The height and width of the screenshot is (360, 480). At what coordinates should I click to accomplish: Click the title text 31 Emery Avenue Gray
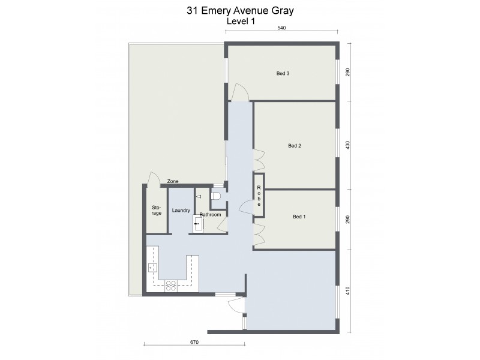click(239, 10)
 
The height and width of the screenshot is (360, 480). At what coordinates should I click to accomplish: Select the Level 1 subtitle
click(239, 21)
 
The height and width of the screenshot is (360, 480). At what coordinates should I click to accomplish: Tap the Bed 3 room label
click(283, 74)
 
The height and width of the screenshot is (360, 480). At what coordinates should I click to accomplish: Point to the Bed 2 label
click(294, 146)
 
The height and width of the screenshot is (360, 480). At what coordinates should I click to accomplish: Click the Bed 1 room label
click(299, 217)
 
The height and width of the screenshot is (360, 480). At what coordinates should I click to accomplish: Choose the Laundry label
click(181, 211)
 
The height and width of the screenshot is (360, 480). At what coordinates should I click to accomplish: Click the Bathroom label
click(210, 214)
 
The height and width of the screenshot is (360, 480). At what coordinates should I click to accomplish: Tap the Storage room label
click(157, 210)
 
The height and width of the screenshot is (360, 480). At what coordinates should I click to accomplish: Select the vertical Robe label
click(259, 196)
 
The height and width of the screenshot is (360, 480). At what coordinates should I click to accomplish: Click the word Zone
click(173, 181)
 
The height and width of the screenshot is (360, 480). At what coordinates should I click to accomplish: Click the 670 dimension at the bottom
click(194, 342)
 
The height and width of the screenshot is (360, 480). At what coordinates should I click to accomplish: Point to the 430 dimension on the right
click(347, 145)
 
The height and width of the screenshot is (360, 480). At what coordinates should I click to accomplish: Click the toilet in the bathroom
click(217, 196)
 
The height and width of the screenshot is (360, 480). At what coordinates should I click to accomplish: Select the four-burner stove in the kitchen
click(170, 286)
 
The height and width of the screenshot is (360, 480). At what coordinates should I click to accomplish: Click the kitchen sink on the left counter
click(152, 268)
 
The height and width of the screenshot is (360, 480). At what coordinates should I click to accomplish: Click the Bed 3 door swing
click(240, 92)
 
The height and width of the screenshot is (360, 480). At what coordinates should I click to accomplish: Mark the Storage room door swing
click(154, 179)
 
